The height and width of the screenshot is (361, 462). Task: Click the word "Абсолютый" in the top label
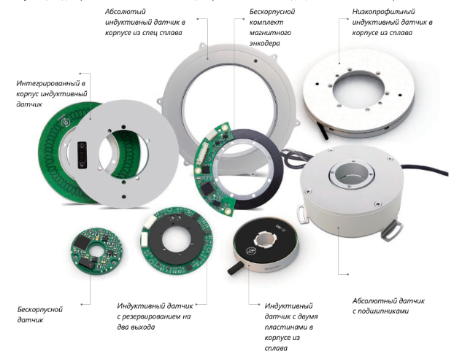point(126,12)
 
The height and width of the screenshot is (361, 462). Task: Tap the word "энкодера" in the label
point(265,43)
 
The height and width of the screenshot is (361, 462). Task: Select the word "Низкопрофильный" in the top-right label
point(384,12)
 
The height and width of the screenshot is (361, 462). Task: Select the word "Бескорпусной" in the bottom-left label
point(40,309)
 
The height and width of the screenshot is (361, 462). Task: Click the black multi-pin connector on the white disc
point(82,155)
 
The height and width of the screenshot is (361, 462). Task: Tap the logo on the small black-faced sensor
point(250,251)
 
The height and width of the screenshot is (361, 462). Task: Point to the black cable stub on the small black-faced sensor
point(235,268)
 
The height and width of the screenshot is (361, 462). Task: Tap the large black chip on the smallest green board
point(82,242)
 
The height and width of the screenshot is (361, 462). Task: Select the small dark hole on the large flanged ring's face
point(255,61)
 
